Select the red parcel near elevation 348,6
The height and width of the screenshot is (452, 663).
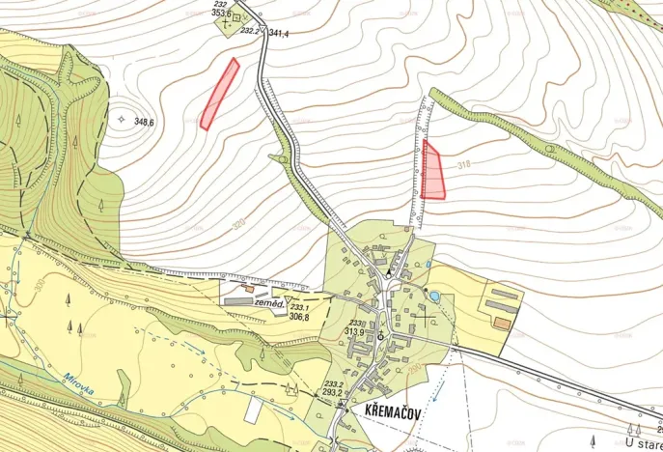click(219, 94)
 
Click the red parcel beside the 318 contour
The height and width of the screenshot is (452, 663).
click(432, 171)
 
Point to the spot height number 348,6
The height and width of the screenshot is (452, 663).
click(146, 122)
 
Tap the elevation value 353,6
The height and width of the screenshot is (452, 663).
click(222, 14)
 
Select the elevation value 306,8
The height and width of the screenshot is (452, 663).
click(299, 317)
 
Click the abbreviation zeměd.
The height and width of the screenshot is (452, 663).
click(267, 303)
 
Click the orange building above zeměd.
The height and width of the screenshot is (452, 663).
click(249, 288)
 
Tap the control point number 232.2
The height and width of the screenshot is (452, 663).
click(249, 31)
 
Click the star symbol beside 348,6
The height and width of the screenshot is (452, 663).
click(122, 119)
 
